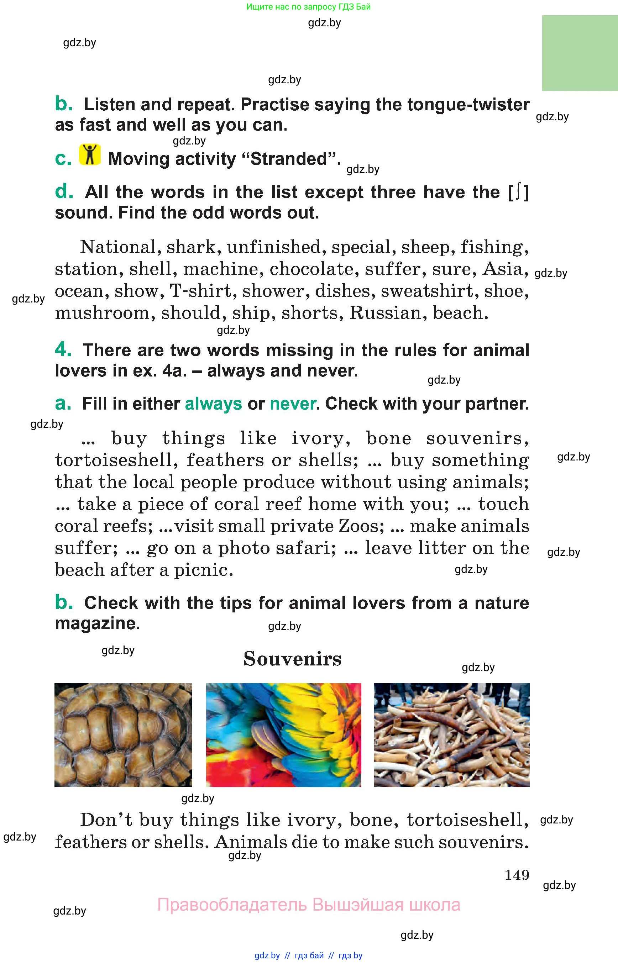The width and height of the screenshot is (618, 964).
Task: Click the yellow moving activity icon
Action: point(89,154)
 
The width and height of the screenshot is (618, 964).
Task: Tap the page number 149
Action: point(517,875)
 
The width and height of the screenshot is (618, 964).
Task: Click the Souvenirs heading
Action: point(292,659)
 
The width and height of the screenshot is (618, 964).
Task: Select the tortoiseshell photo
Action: point(123,735)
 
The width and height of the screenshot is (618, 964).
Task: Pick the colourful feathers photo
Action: point(283,735)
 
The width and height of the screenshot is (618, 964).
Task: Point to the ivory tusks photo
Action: point(451,735)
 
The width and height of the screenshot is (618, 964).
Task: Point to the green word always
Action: point(213,404)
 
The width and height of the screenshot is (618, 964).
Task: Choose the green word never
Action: point(293,404)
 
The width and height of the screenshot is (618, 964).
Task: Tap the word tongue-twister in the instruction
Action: point(468,105)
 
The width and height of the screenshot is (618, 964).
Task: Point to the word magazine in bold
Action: point(96,623)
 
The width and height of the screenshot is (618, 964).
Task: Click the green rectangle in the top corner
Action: point(580,53)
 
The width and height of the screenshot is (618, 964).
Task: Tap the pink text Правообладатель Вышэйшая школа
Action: point(308,905)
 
